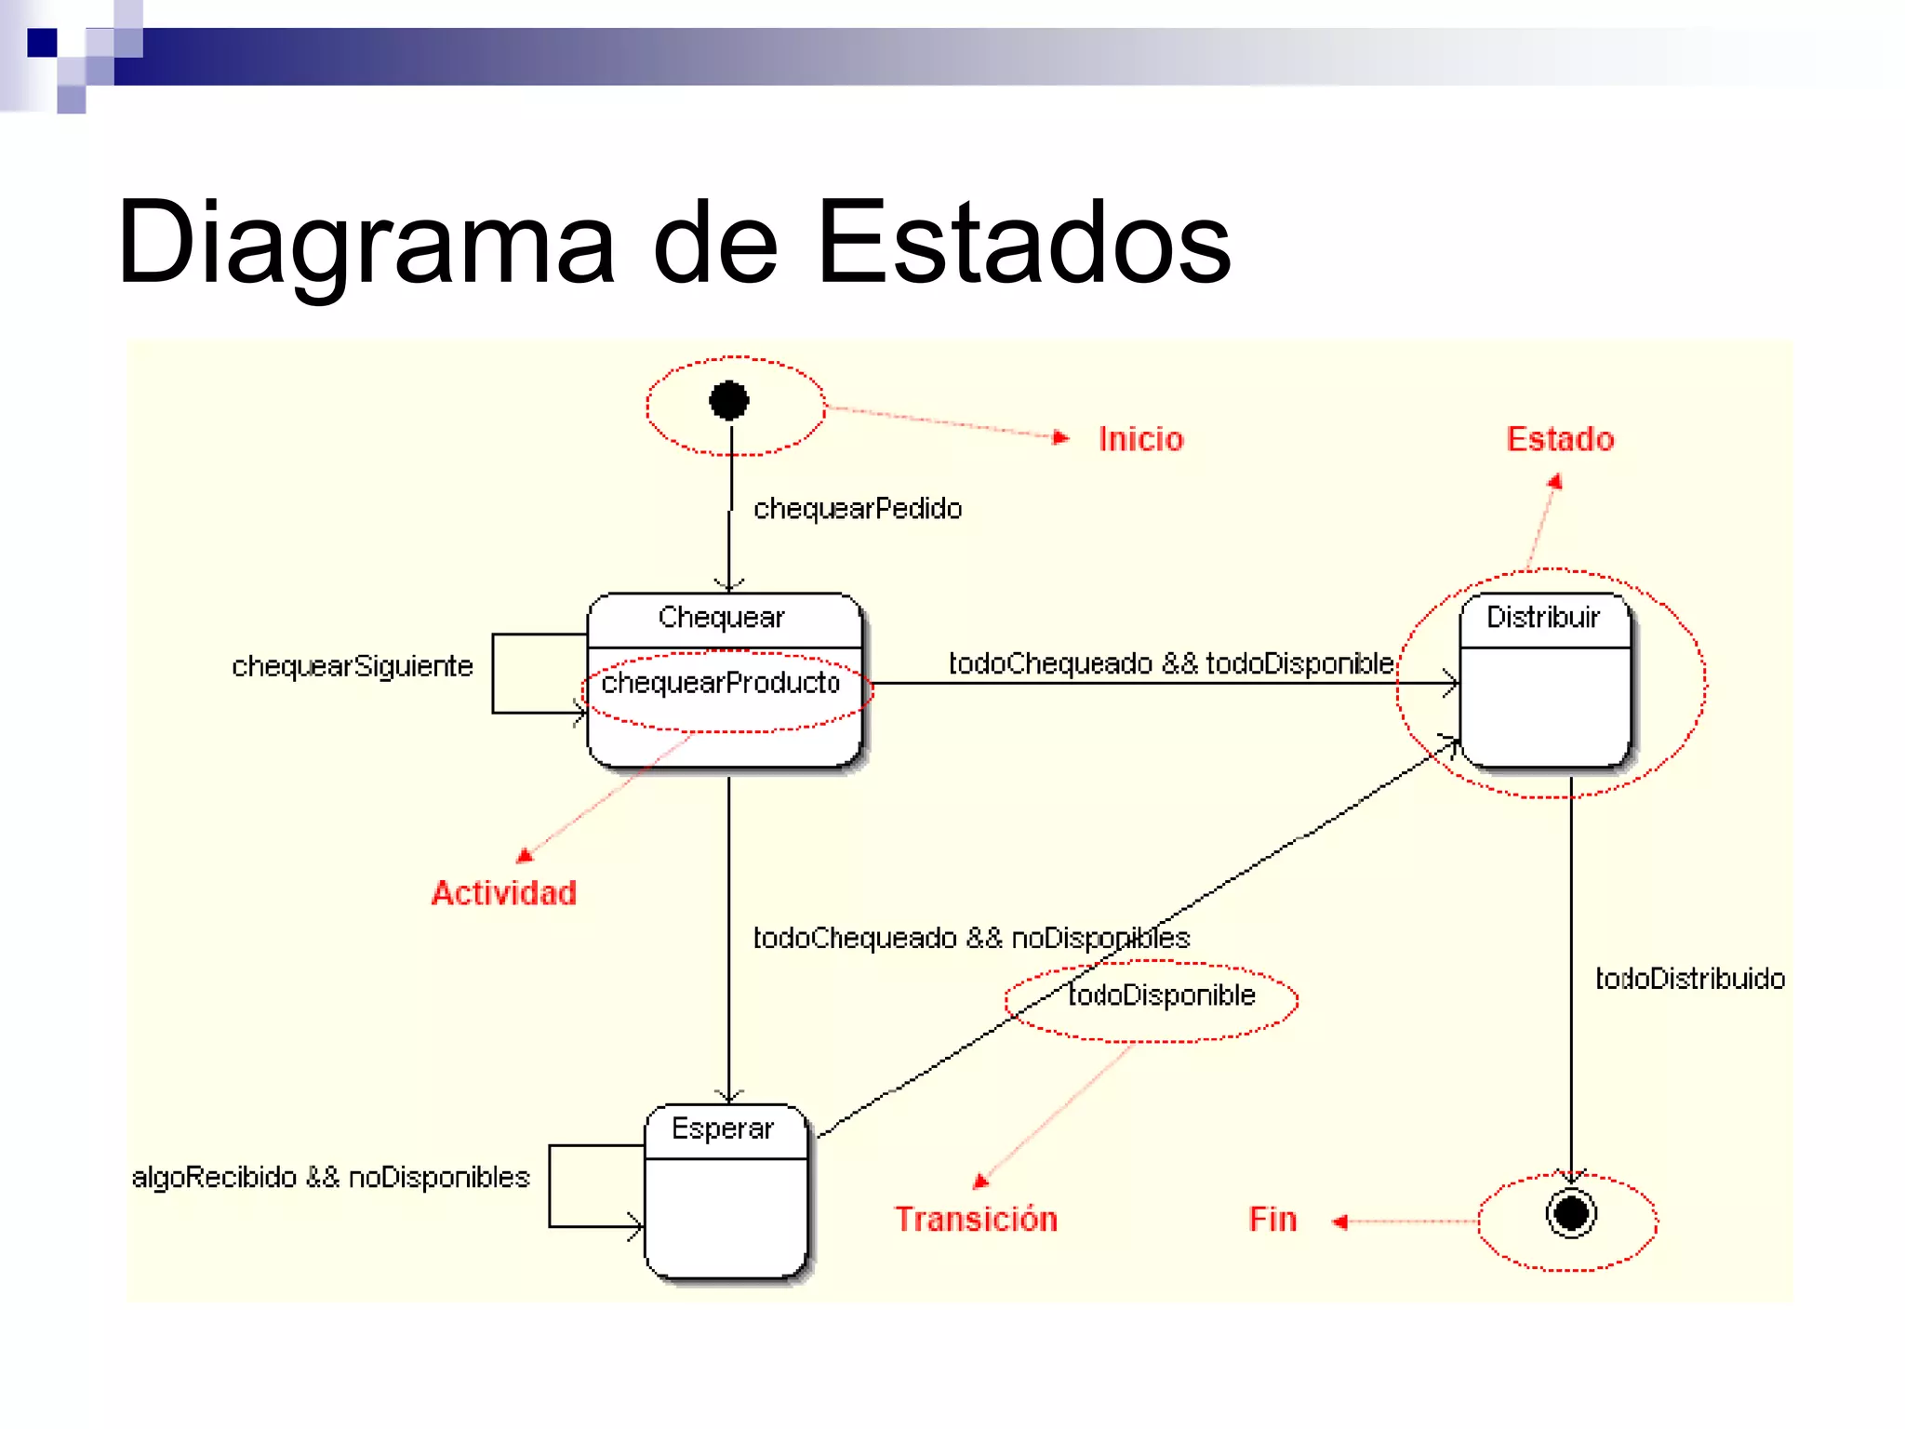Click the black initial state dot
pos(728,401)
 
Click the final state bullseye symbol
pos(1571,1213)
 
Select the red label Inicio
pos(1140,439)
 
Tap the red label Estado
pos(1560,439)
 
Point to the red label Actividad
pos(503,893)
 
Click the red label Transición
pos(976,1219)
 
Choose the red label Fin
pos(1272,1219)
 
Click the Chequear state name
pos(721,618)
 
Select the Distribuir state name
pos(1542,618)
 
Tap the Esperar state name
pos(722,1129)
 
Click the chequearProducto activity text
pos(721,684)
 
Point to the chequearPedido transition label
pos(857,509)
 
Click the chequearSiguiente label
pos(352,666)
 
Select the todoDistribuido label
pos(1689,979)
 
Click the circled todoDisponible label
pos(1161,995)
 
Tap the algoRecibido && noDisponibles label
pos(330,1178)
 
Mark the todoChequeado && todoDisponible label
pos(1170,663)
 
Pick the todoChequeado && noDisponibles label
pos(970,938)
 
